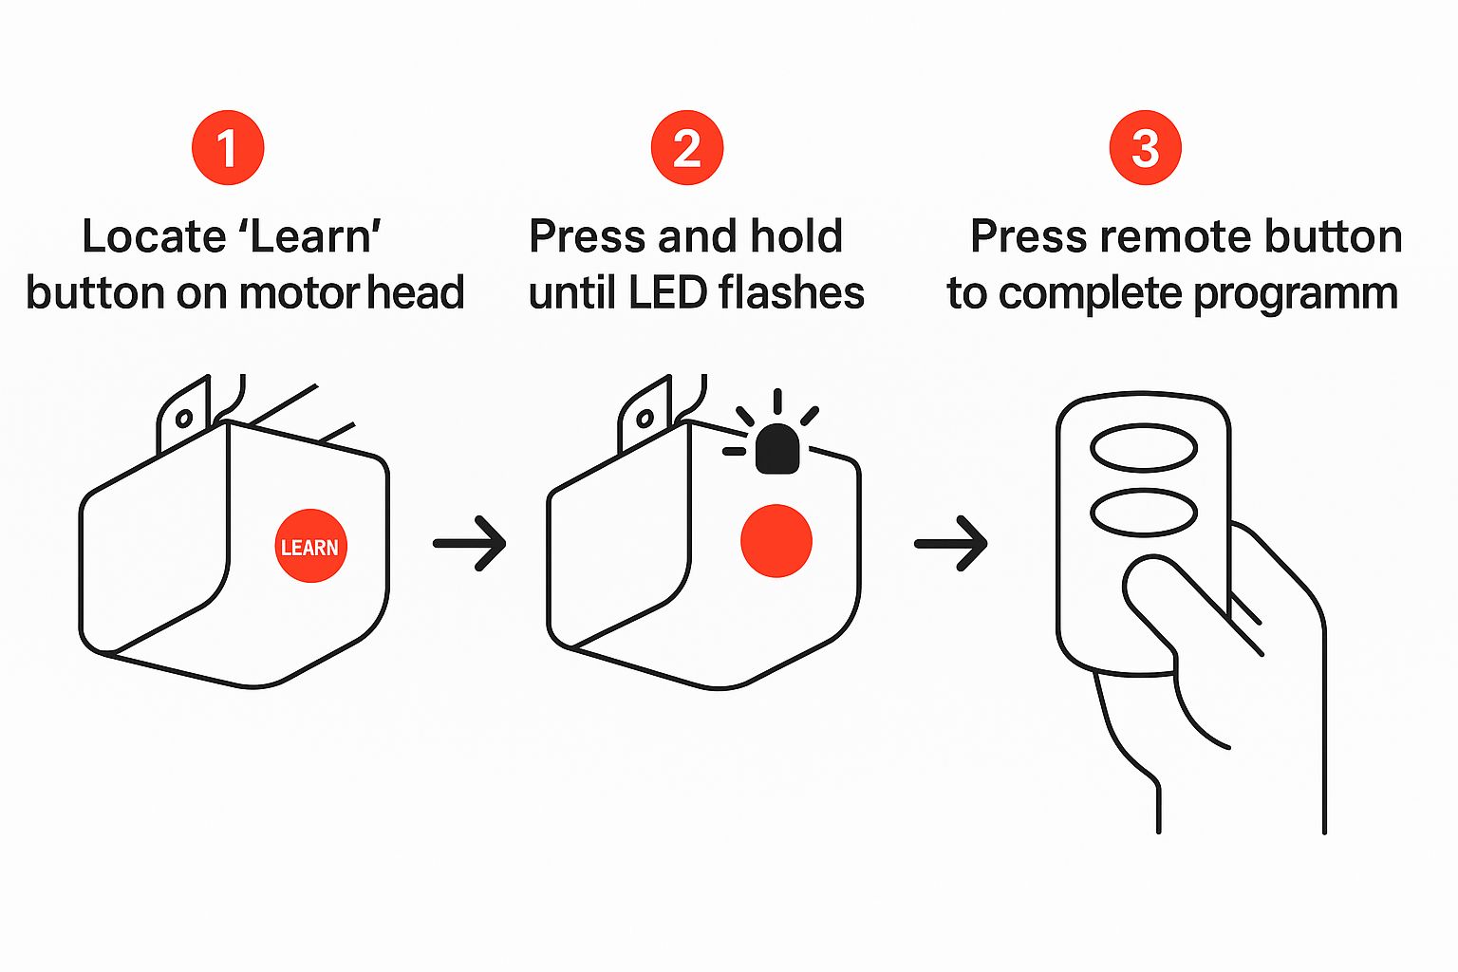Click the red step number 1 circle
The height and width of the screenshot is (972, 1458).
click(228, 148)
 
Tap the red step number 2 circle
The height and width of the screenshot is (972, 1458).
click(687, 148)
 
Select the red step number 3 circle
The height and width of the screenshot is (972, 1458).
click(1146, 148)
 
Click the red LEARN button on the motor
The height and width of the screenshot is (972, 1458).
click(310, 546)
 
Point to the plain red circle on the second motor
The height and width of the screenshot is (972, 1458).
click(776, 540)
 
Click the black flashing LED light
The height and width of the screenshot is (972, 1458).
click(777, 449)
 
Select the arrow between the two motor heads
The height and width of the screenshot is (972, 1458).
click(470, 543)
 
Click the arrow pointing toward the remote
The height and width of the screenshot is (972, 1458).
click(951, 543)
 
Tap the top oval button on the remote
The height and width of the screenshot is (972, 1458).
click(1144, 448)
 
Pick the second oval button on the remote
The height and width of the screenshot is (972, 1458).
click(1144, 513)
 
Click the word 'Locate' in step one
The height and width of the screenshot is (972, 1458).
click(152, 236)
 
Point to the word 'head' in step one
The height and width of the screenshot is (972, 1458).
click(416, 292)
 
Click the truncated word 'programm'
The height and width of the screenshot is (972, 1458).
click(1295, 294)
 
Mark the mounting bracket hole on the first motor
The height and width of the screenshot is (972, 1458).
click(184, 418)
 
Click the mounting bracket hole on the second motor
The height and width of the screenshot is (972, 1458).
click(645, 418)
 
